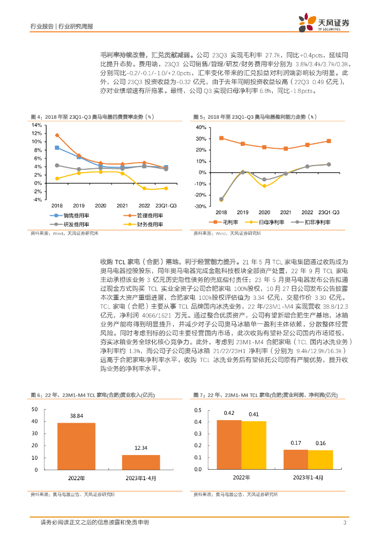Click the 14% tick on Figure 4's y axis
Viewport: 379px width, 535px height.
pos(37,125)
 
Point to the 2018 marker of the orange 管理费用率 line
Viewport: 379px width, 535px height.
pos(57,135)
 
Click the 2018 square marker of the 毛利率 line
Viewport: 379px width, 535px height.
pos(221,138)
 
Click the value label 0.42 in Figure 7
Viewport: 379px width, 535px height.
pos(229,413)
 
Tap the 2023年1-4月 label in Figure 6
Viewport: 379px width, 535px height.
pos(141,478)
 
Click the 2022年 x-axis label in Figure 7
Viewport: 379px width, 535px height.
pos(241,478)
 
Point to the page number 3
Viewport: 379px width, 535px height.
pos(344,523)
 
